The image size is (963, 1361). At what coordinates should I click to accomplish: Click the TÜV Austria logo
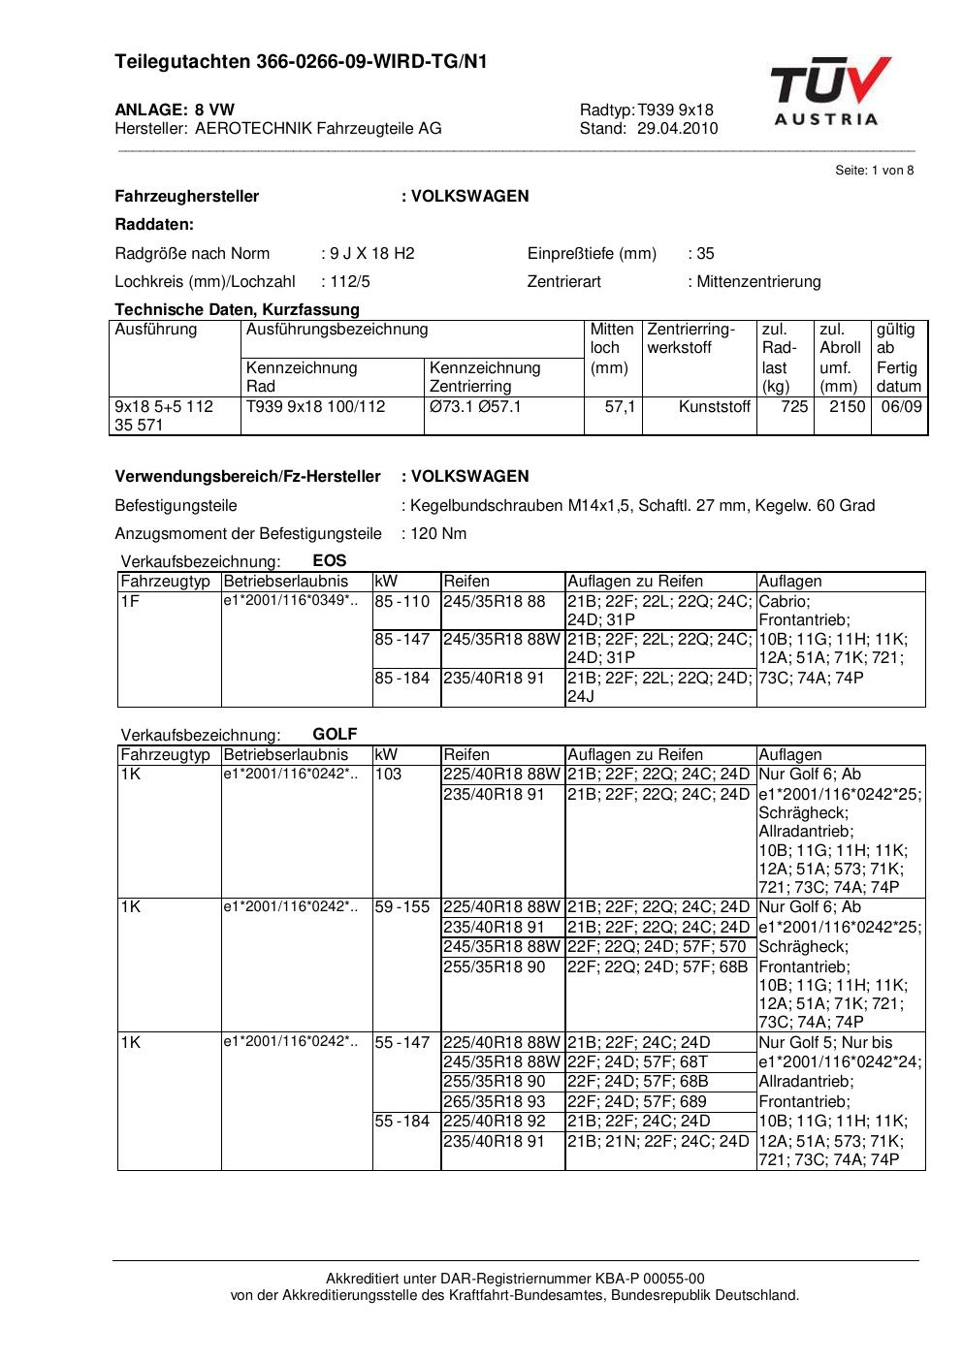[x=829, y=91]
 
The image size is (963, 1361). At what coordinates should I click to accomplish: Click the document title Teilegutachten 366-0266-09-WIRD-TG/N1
[x=301, y=63]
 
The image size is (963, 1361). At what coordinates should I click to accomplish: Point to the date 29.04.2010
[x=678, y=128]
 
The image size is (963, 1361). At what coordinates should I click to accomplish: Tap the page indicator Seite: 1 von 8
[x=874, y=171]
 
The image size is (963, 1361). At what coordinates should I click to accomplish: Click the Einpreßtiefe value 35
[x=705, y=254]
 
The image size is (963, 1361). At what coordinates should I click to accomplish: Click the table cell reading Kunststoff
[x=715, y=407]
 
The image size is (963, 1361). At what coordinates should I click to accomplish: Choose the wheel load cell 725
[x=794, y=407]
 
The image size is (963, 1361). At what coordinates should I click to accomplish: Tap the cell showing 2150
[x=847, y=407]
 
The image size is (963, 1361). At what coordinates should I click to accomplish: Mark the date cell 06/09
[x=901, y=407]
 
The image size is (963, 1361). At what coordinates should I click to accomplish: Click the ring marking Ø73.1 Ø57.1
[x=475, y=407]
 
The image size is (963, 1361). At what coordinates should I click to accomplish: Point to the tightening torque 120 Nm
[x=438, y=534]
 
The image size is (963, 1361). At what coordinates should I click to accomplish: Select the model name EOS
[x=330, y=560]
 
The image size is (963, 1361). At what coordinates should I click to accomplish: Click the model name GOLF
[x=335, y=735]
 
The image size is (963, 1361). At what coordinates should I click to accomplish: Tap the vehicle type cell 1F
[x=130, y=601]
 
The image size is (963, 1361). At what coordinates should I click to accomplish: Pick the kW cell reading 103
[x=388, y=775]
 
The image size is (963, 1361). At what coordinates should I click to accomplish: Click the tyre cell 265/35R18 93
[x=495, y=1101]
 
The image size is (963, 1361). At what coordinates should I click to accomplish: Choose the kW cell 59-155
[x=401, y=907]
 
